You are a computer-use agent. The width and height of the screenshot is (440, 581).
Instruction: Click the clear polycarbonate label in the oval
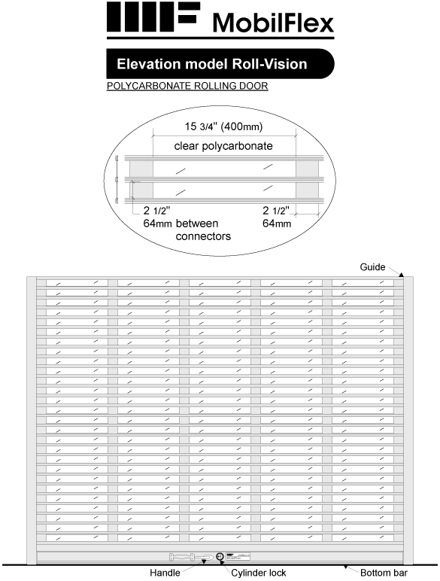(x=223, y=145)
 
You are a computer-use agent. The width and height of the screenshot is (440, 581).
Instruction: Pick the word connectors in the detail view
(x=203, y=236)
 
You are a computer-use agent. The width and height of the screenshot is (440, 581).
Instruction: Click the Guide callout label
(x=372, y=267)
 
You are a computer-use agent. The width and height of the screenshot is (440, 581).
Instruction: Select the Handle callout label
(x=165, y=573)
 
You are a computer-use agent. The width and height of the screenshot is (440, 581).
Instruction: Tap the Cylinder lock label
(x=259, y=573)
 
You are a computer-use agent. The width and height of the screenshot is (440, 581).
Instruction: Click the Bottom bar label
(x=384, y=573)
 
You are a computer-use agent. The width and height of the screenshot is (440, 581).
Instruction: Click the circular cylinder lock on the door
(x=220, y=557)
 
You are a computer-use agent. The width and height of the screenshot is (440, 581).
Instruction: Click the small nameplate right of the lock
(x=238, y=557)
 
